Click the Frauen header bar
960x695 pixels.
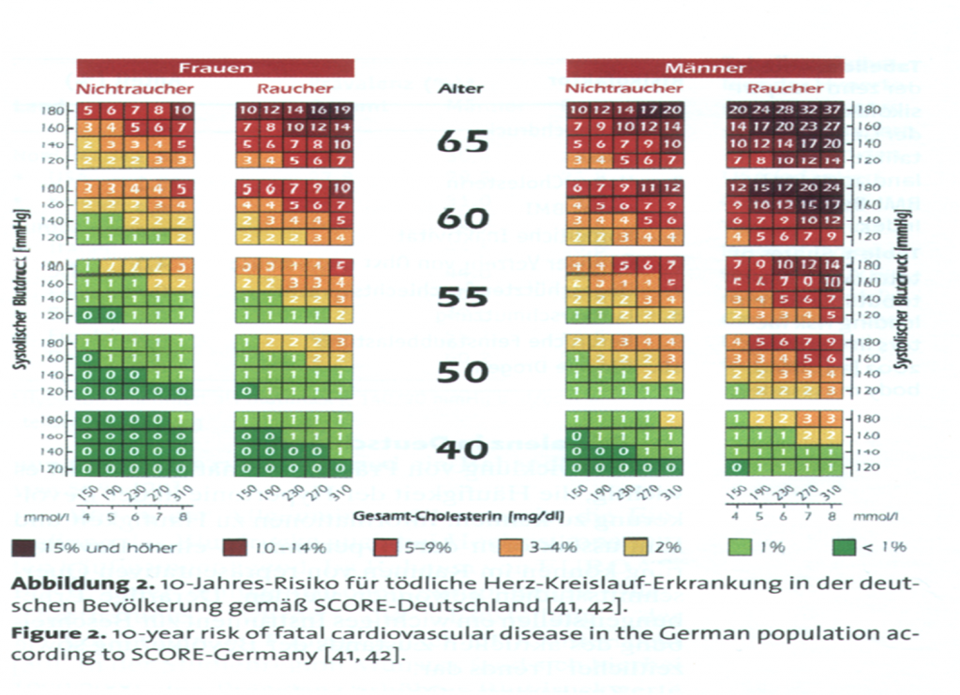216,67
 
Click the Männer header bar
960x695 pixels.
705,67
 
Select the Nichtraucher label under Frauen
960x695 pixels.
135,89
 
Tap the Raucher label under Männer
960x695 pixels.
785,89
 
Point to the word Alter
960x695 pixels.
461,89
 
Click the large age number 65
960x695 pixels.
463,140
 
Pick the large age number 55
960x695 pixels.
463,296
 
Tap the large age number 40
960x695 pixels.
463,450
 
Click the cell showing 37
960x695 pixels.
832,110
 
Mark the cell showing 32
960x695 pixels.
809,110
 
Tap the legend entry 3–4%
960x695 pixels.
541,547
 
